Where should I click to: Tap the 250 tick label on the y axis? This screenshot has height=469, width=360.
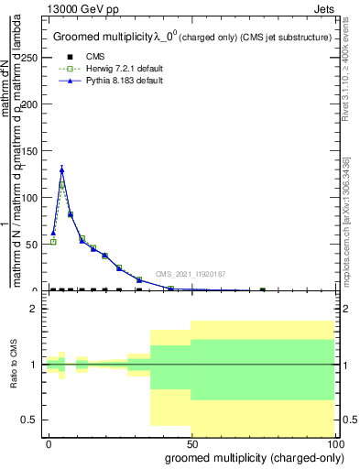point(28,57)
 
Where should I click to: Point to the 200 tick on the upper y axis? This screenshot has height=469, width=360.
point(28,104)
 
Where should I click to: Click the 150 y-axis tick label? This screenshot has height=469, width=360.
point(28,150)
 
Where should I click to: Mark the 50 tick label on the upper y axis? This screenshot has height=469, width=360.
point(31,244)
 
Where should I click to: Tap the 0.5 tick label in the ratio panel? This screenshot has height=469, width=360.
point(28,420)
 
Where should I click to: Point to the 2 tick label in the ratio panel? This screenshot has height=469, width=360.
point(34,309)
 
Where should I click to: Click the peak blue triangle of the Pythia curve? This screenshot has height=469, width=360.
point(61,169)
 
